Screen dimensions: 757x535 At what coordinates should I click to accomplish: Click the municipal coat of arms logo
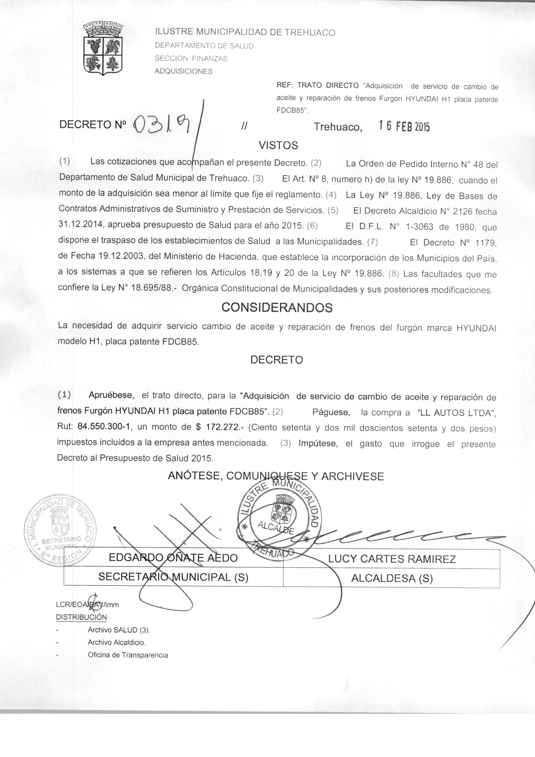[x=103, y=49]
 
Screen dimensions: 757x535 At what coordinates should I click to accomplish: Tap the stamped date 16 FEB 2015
[x=404, y=126]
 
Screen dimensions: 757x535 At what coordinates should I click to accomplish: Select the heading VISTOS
[x=278, y=145]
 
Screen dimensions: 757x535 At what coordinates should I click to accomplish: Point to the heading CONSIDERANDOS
[x=277, y=307]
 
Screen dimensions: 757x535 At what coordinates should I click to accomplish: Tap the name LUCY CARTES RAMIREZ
[x=392, y=559]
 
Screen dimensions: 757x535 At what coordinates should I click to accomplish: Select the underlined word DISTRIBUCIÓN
[x=81, y=617]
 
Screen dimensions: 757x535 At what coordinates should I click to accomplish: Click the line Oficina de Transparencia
[x=128, y=655]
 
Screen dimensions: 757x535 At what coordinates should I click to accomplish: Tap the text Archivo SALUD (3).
[x=119, y=630]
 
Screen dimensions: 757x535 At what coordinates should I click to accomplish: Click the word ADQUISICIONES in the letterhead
[x=184, y=71]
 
